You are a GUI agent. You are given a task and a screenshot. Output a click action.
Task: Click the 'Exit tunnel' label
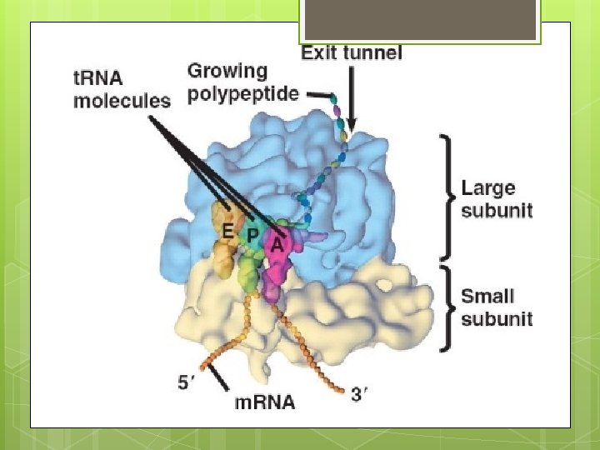click(x=351, y=53)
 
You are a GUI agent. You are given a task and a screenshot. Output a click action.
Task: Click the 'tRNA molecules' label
click(x=122, y=89)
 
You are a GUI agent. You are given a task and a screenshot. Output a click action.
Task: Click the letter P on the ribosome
click(x=252, y=236)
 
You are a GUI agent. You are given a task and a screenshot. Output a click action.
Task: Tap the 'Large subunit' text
click(x=497, y=200)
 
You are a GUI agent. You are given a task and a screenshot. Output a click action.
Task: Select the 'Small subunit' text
click(x=497, y=307)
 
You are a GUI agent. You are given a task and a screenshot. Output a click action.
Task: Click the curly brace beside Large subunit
click(x=447, y=197)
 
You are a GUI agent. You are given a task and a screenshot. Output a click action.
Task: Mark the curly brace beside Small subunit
click(x=447, y=307)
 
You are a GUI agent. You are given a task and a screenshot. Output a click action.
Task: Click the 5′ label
click(x=188, y=383)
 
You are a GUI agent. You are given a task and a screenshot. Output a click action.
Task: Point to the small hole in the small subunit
click(x=384, y=284)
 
